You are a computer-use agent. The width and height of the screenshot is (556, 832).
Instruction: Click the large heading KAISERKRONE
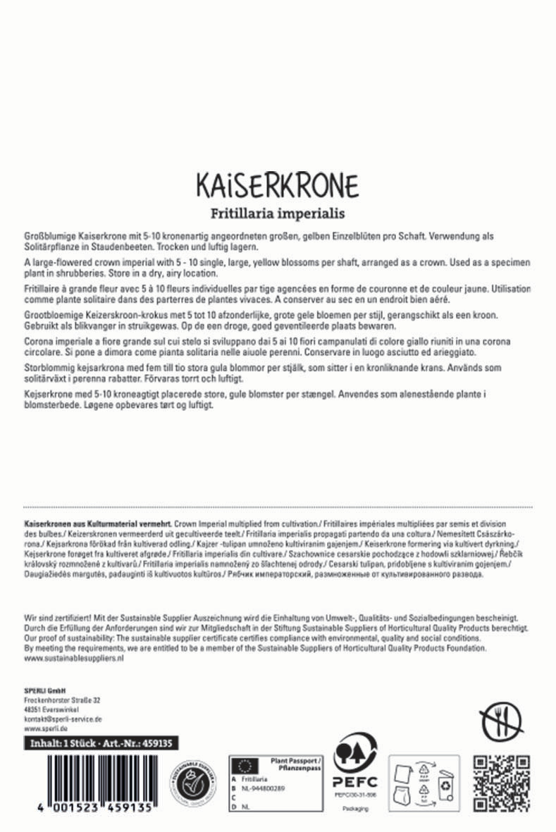pyautogui.click(x=278, y=186)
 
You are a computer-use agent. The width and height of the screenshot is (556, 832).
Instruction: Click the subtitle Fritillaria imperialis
pyautogui.click(x=278, y=212)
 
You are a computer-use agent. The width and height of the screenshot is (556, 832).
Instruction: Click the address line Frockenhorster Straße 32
pyautogui.click(x=62, y=700)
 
